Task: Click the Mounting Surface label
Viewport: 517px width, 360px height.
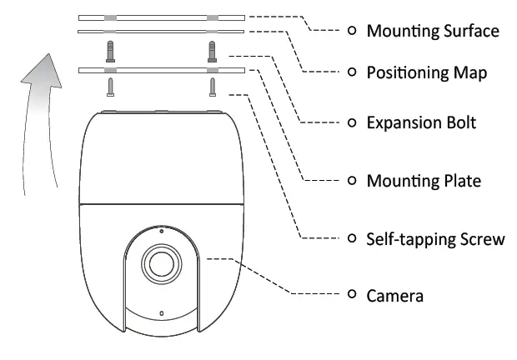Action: (433, 31)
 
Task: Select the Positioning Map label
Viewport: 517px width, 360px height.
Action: (427, 72)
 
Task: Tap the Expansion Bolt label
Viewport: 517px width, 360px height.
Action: (421, 122)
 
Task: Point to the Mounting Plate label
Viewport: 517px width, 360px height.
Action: (424, 180)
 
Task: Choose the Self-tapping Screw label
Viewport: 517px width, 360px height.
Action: (436, 239)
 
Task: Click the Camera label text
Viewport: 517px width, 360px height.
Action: (395, 295)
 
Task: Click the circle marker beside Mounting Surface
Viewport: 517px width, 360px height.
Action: (351, 30)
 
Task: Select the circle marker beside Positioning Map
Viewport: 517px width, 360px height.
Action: (351, 72)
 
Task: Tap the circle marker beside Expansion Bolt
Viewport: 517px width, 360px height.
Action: (351, 122)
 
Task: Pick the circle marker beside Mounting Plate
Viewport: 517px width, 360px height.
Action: (351, 180)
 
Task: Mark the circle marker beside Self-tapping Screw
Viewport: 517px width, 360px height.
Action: (351, 239)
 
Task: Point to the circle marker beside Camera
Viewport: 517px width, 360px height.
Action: (351, 294)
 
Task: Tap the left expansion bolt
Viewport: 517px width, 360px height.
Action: (110, 52)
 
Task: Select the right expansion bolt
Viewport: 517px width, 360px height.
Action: (213, 52)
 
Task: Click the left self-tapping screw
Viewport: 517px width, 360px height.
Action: (110, 87)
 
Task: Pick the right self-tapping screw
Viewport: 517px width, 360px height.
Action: (213, 87)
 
